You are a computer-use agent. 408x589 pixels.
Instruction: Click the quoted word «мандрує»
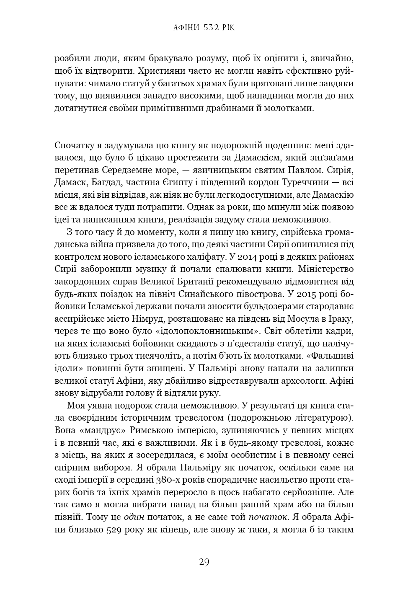(x=100, y=430)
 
